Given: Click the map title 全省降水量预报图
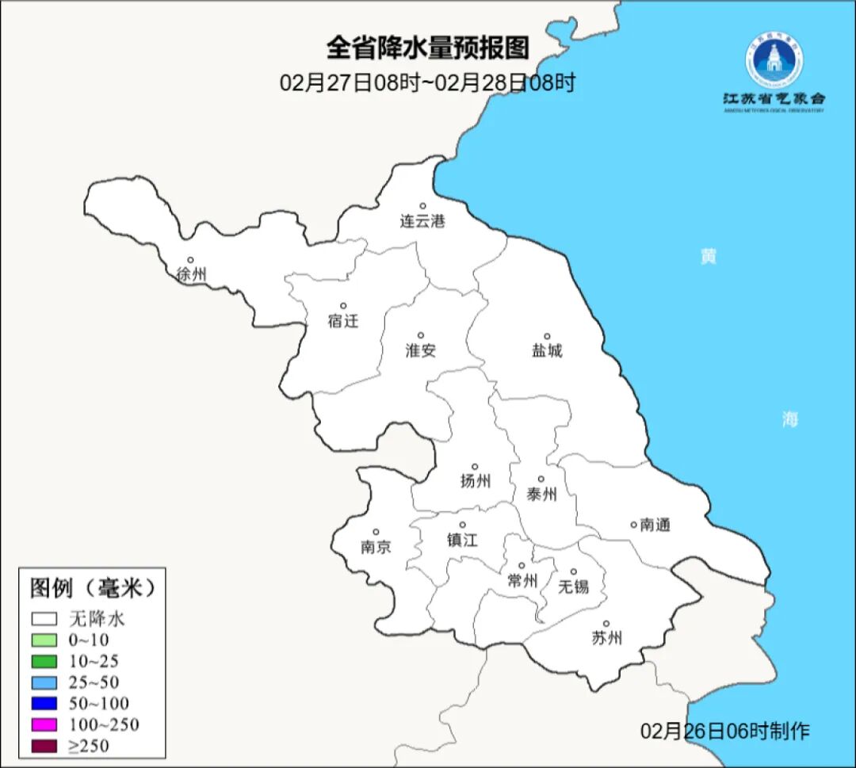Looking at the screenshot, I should point(427,48).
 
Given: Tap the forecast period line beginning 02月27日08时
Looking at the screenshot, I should point(427,82).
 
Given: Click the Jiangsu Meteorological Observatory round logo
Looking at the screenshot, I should point(774,59).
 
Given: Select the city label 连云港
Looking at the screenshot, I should point(422,221).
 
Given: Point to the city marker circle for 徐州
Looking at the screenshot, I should point(190,259).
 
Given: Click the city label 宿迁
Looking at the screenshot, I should point(343,321).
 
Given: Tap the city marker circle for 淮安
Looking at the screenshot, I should point(421,335).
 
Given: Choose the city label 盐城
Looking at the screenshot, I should point(547,350).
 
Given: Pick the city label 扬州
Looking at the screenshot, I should point(476,480).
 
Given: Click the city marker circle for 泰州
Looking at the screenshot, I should point(541,479).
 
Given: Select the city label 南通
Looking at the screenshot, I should point(655,525).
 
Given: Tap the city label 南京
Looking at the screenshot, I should point(376,547).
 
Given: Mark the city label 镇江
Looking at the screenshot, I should point(462,540).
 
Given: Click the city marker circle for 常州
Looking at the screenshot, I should point(522,565).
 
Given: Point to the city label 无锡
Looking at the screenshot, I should point(574,587).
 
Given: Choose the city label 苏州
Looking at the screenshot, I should point(607,638).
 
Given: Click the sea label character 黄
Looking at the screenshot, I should point(708,256).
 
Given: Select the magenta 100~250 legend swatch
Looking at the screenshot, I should point(44,724).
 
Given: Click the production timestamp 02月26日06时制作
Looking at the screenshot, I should point(725,731).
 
